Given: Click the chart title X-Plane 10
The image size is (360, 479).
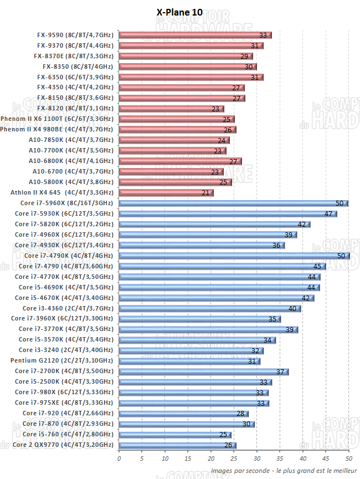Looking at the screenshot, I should (x=182, y=12).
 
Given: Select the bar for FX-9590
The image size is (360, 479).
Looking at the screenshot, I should (x=194, y=35).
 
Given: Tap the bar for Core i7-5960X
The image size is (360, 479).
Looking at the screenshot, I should (x=233, y=203).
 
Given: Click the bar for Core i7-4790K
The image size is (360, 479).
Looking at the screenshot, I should (x=233, y=256).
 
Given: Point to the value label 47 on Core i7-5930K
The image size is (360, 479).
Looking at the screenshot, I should (x=328, y=214).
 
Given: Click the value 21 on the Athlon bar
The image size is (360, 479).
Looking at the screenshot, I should (x=205, y=193).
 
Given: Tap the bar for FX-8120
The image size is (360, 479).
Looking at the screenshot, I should (x=171, y=109).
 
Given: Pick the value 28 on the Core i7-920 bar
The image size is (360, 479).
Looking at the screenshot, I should (x=240, y=414).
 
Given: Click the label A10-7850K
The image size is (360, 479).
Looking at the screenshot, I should (x=71, y=140).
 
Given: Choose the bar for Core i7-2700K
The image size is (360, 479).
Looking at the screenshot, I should (x=203, y=371).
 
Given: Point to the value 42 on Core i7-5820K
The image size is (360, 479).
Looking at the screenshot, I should (x=302, y=225).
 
